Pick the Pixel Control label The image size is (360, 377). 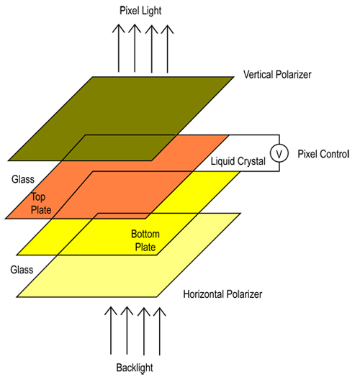[x=323, y=154]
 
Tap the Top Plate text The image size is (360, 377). [x=42, y=203]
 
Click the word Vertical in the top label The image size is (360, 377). [x=260, y=75]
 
